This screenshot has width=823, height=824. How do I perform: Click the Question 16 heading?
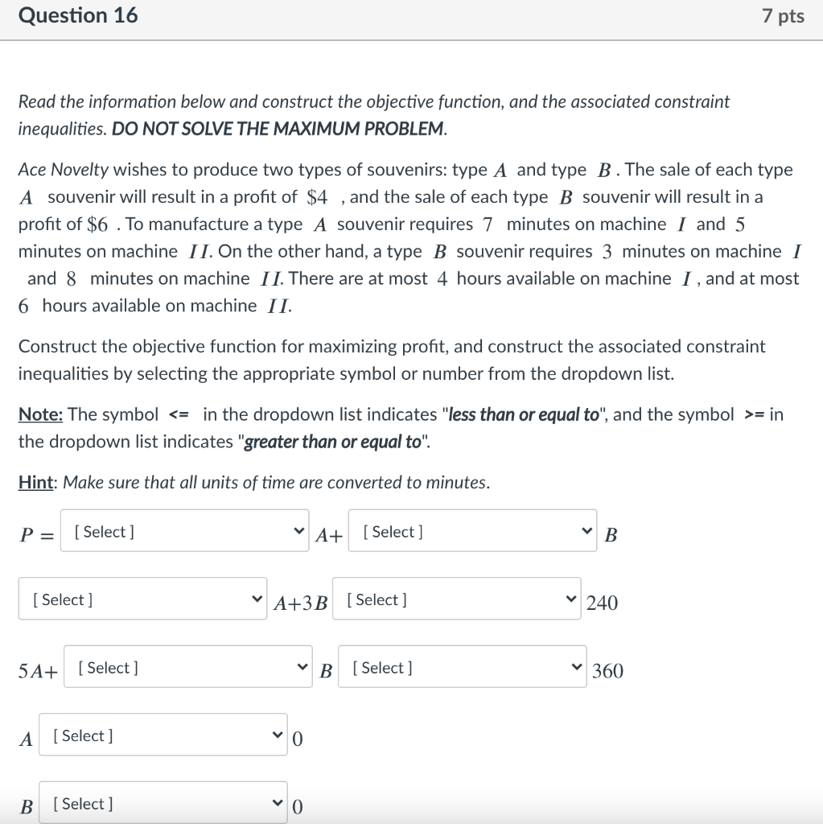coord(78,15)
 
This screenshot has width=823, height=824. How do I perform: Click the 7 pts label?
coord(782,16)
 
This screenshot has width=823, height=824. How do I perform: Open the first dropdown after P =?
coord(185,531)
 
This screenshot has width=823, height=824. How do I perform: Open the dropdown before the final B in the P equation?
coord(473,531)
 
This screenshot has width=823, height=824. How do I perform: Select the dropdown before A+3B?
coord(143,599)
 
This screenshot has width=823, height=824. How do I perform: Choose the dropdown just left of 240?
coord(456,599)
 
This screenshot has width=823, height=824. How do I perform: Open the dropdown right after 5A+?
coord(187,668)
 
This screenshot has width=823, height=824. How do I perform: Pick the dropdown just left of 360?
coord(463,668)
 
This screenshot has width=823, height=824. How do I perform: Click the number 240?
coord(603,603)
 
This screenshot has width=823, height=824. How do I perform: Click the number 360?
coord(607,671)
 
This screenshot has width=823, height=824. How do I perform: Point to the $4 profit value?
coord(317,197)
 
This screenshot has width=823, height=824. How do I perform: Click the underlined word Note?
coord(40,414)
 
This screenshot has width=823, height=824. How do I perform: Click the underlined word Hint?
coord(37,483)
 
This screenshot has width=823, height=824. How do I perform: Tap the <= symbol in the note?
coord(179,415)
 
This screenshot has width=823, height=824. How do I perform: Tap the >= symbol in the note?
coord(754,415)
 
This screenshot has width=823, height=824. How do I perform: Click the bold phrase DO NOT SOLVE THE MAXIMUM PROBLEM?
coord(278,129)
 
